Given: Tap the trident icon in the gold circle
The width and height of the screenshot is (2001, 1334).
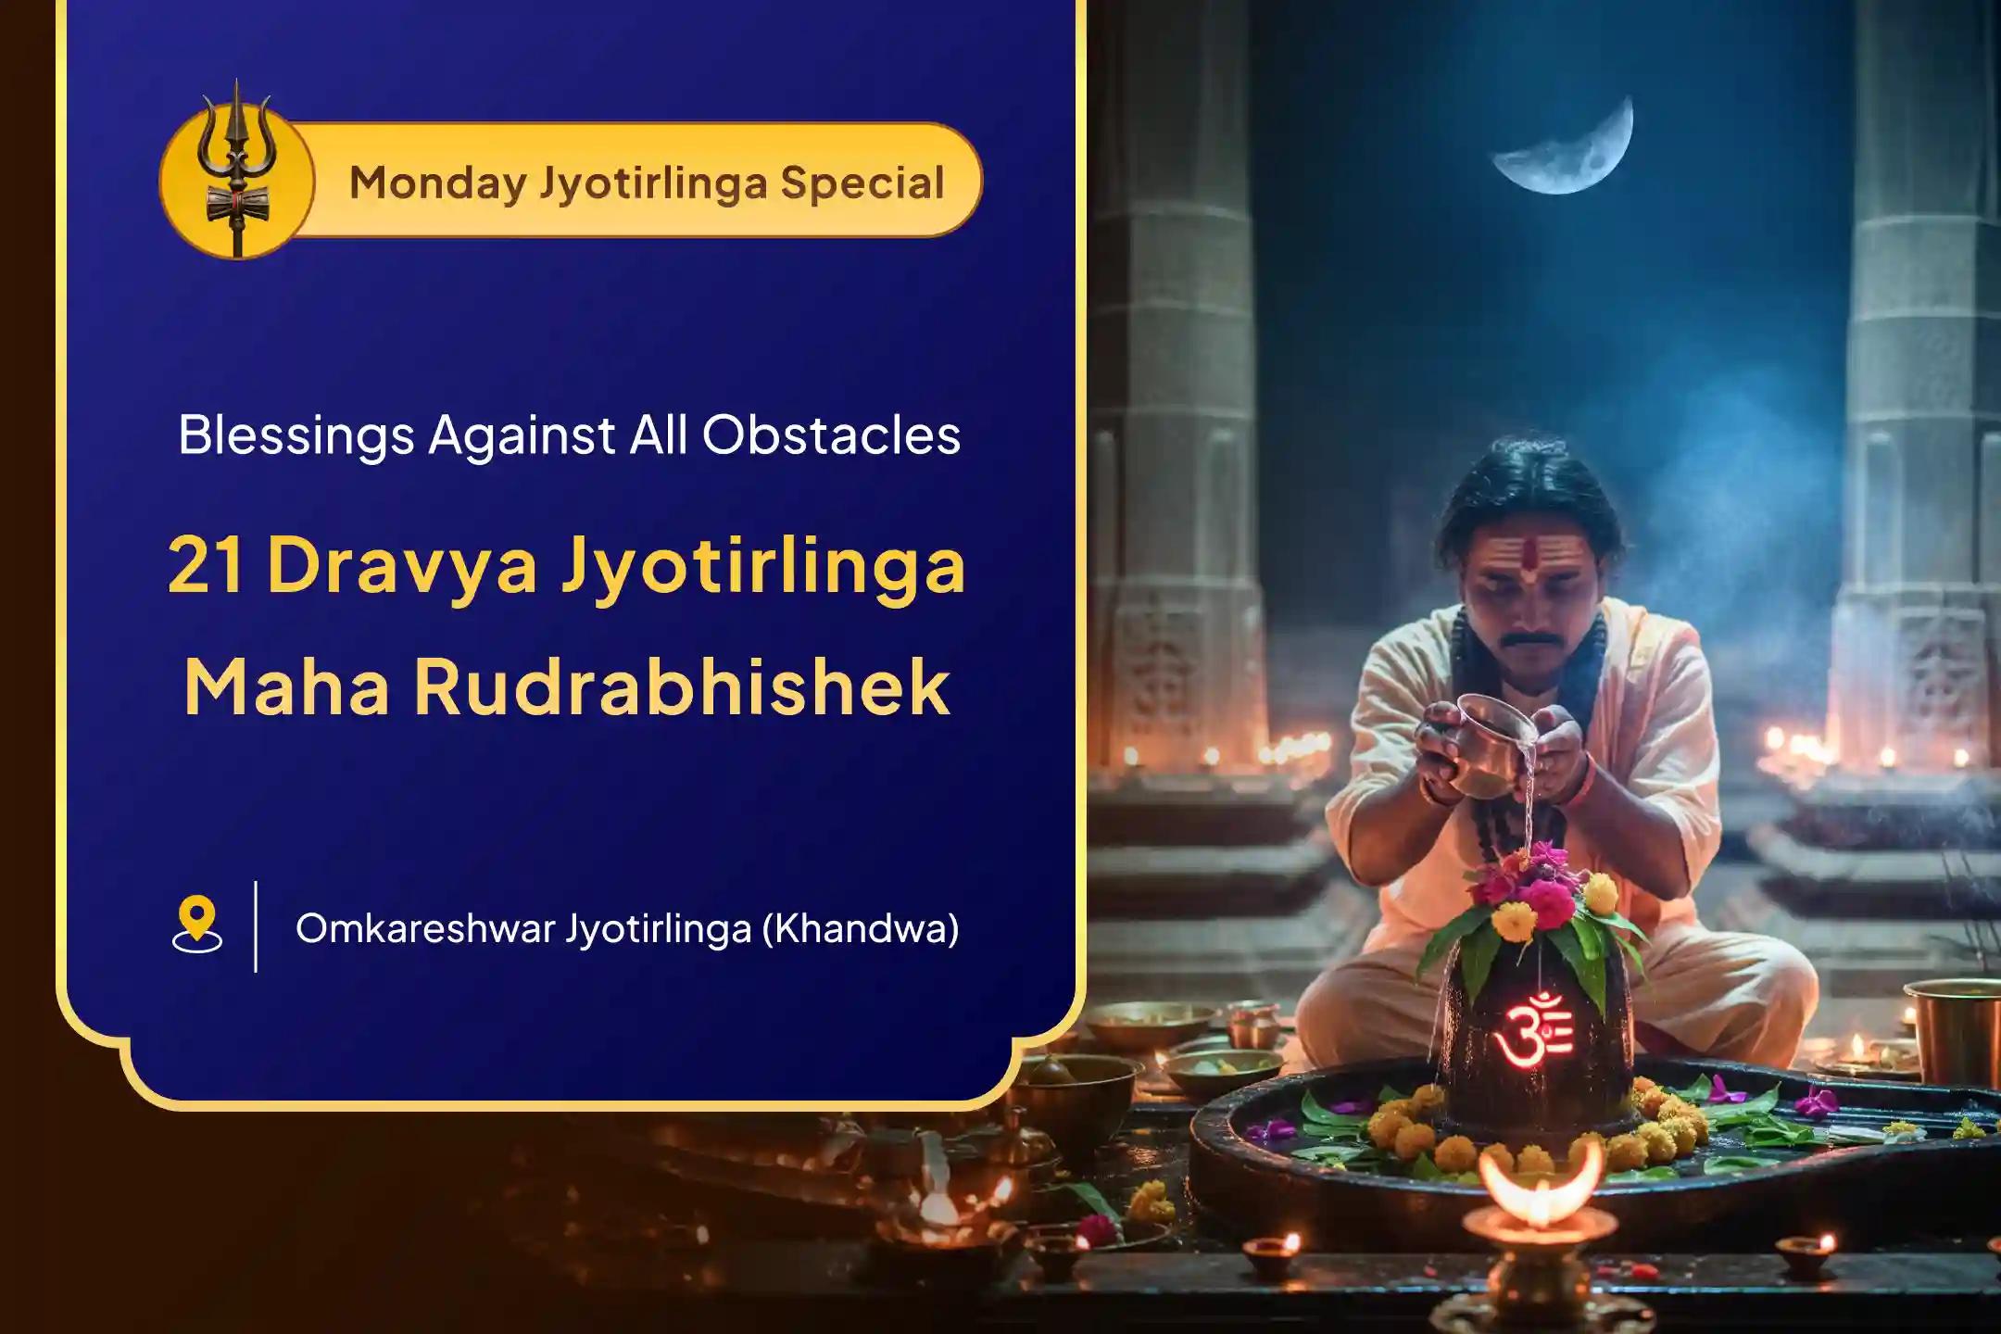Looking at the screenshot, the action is pyautogui.click(x=237, y=167).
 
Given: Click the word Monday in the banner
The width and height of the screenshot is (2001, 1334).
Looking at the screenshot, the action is pyautogui.click(x=438, y=183).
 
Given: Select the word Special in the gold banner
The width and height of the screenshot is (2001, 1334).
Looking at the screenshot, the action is pyautogui.click(x=862, y=182).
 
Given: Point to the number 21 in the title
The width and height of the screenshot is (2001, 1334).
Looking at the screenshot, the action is pyautogui.click(x=206, y=565).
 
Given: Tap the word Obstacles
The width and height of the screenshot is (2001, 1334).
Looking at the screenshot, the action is pyautogui.click(x=831, y=434).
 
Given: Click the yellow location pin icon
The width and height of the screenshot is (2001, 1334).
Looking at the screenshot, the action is pyautogui.click(x=196, y=924).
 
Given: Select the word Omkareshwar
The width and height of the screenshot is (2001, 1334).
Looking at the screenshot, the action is pyautogui.click(x=425, y=928).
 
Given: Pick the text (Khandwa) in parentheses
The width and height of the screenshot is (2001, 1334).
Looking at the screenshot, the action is pyautogui.click(x=860, y=928).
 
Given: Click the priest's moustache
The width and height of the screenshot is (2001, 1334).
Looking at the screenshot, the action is pyautogui.click(x=1529, y=638).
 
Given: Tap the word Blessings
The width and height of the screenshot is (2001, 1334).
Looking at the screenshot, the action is pyautogui.click(x=296, y=436).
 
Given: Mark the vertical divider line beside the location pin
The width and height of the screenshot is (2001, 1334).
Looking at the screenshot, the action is pyautogui.click(x=256, y=925).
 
